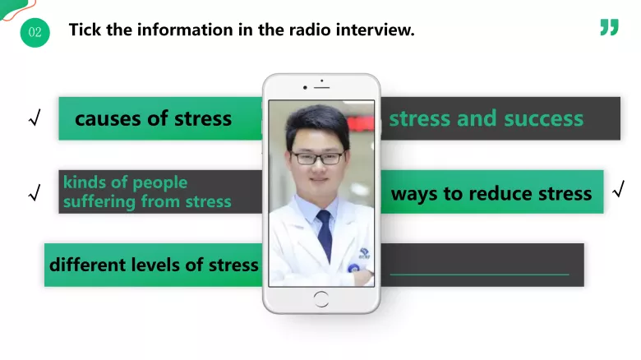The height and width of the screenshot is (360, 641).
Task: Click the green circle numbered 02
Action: pos(35,32)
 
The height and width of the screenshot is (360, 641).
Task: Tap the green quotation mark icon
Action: pos(608,28)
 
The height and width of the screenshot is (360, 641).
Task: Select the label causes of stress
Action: pos(153,118)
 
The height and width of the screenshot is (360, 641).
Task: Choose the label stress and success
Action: pos(486,118)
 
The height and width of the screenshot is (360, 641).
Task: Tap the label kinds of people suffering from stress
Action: pos(147,192)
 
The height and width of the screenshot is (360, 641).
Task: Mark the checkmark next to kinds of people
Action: pos(34,194)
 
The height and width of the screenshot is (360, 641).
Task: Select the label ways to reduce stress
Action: pos(491,194)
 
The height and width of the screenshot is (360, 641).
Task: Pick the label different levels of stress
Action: pos(154,265)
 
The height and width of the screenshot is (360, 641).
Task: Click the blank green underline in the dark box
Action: pos(479,274)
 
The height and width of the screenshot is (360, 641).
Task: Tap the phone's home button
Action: pos(320,298)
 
